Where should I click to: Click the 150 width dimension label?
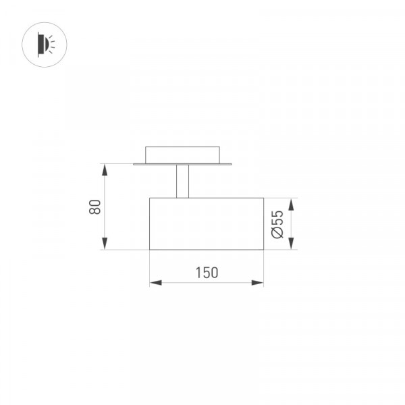pos(207,273)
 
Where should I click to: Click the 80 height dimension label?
pos(94,207)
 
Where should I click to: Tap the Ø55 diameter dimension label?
pos(277,224)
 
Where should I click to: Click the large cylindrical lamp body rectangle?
pos(207,223)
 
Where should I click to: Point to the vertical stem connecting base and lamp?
pos(183,182)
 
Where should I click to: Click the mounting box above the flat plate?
pos(182,155)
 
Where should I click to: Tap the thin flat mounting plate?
pos(182,164)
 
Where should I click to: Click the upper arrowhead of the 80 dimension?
pos(105,169)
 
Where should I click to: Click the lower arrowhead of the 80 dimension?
pos(105,244)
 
